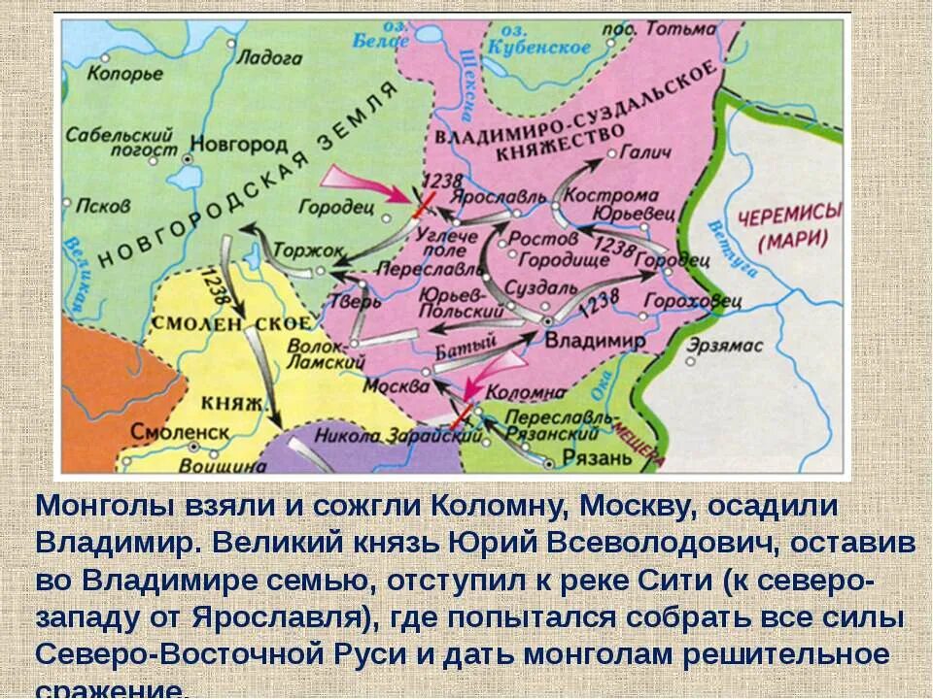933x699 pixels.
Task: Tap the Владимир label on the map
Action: point(595,341)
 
